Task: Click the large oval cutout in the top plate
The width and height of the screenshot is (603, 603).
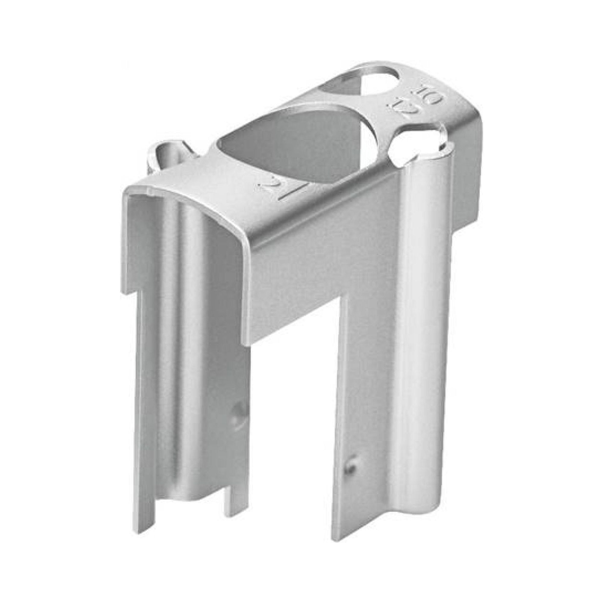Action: click(290, 147)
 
